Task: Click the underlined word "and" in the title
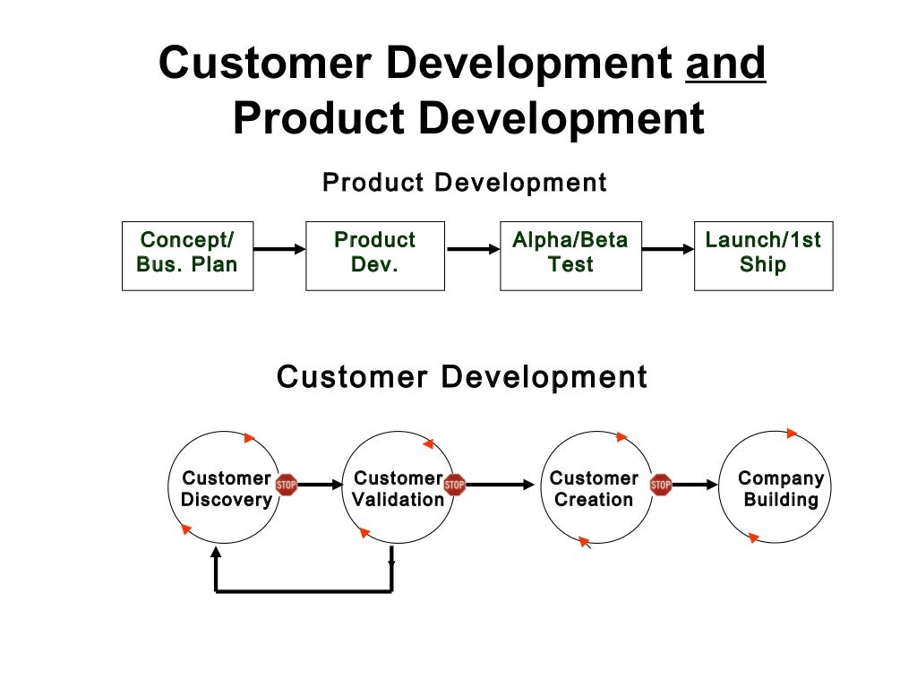coord(725,64)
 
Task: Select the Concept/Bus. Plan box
coord(187,255)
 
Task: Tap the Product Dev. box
coord(374,255)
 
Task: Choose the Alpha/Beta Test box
coord(570,255)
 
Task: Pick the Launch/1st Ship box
coord(763,255)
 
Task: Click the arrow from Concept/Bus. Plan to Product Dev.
coord(279,250)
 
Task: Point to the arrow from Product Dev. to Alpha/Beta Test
coord(472,250)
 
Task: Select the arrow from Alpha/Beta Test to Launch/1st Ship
coord(668,250)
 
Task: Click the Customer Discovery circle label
coord(226,489)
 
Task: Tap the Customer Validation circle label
coord(398,489)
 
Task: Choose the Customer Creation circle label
coord(594,489)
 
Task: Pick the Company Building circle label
coord(781,489)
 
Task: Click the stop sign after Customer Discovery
coord(286,485)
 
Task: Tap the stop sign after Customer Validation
coord(455,485)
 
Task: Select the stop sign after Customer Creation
coord(661,485)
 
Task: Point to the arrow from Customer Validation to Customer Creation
coord(500,485)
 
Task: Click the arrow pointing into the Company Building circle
coord(696,485)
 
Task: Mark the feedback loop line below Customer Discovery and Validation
coord(304,590)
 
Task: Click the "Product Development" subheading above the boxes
coord(464,183)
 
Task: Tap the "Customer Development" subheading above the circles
coord(461,376)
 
